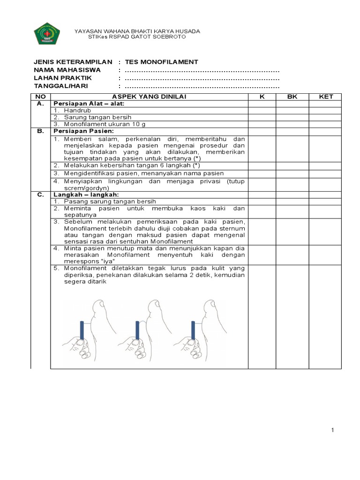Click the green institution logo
click(x=46, y=34)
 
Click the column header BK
click(x=292, y=97)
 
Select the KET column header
click(x=325, y=97)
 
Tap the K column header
click(x=262, y=97)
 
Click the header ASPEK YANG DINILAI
click(x=149, y=97)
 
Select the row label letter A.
click(x=41, y=103)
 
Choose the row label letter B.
click(x=41, y=131)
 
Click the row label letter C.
click(x=41, y=194)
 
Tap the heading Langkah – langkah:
click(x=86, y=194)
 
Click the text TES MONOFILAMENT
click(x=161, y=62)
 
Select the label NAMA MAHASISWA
click(x=67, y=70)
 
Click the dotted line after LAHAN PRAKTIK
click(x=202, y=78)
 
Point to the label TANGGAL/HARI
click(x=61, y=86)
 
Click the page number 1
click(x=332, y=431)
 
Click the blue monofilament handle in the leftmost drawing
click(x=82, y=330)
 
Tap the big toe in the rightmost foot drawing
click(x=207, y=309)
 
